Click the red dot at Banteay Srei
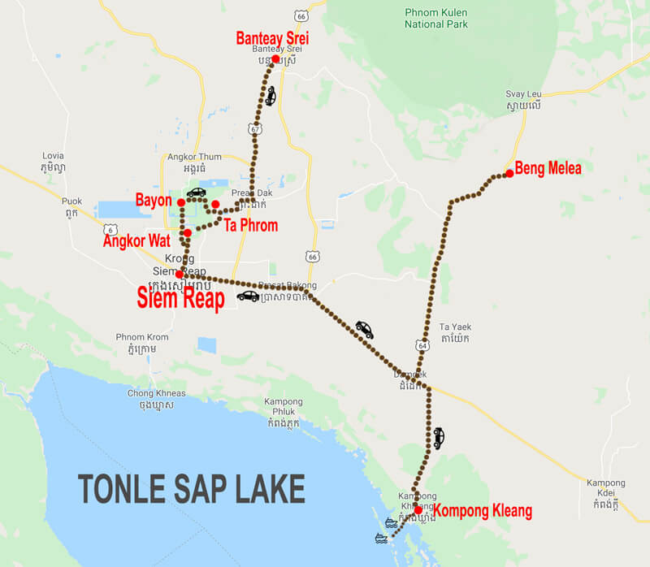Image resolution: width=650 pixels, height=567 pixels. (275, 59)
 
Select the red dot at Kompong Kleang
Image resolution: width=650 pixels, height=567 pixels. (418, 510)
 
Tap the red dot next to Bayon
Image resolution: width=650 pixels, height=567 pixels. (180, 201)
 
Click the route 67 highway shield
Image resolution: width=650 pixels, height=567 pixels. (257, 129)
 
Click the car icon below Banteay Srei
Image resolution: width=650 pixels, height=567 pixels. (271, 96)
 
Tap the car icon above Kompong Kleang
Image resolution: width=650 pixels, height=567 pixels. (438, 438)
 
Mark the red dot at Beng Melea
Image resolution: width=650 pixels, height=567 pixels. (509, 173)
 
